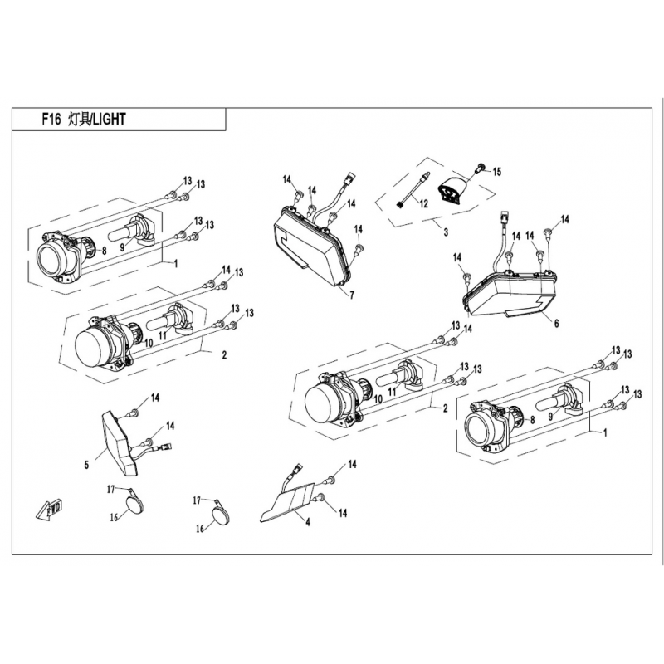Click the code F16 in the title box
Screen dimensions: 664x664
[x=51, y=119]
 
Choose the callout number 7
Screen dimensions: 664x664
[x=351, y=295]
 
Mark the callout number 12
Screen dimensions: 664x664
[x=423, y=203]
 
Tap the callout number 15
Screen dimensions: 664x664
[x=496, y=172]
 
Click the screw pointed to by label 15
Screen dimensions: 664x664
[x=479, y=169]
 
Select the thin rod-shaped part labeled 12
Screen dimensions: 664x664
[x=411, y=191]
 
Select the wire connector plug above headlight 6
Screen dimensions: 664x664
[x=504, y=219]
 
